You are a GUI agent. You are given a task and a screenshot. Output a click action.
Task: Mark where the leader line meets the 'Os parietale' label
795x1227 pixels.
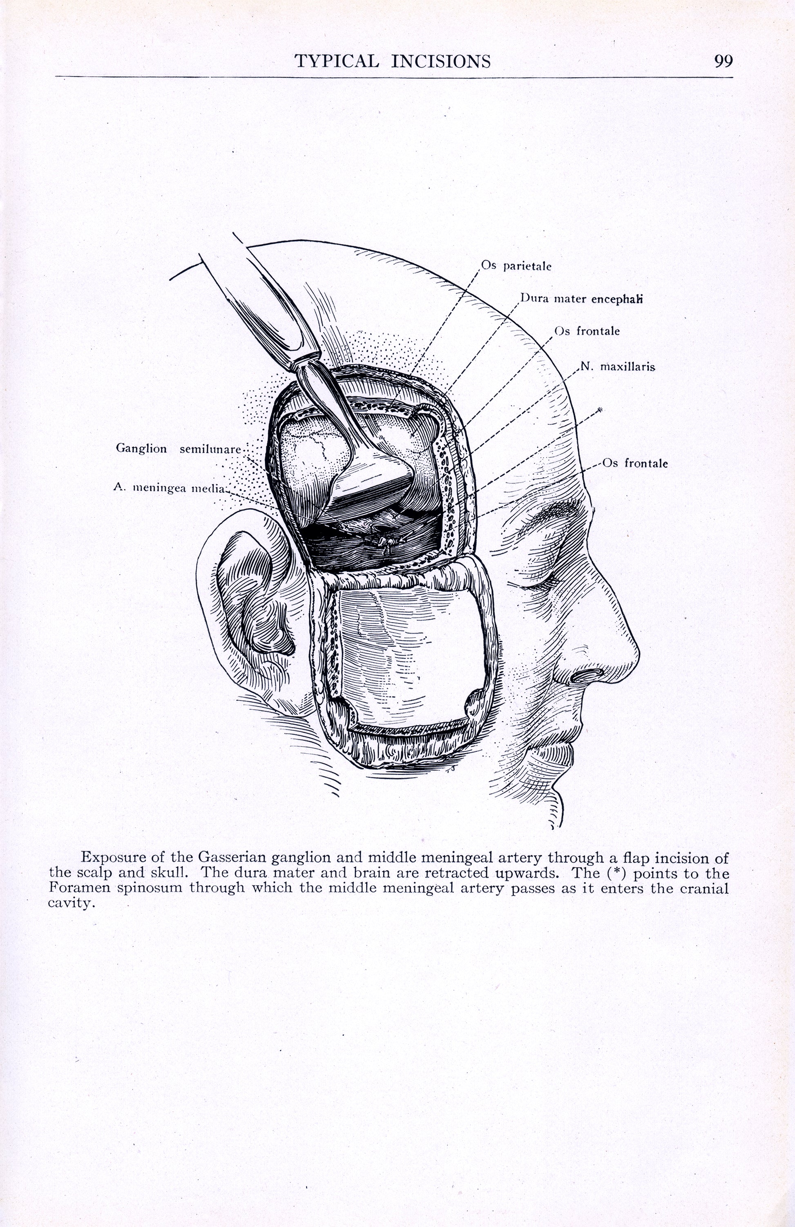[480, 269]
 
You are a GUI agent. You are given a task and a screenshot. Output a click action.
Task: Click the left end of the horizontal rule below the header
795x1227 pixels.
[56, 77]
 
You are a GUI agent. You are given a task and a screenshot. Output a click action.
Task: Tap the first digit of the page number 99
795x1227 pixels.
[719, 61]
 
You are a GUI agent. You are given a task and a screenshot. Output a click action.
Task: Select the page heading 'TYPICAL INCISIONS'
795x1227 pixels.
[392, 61]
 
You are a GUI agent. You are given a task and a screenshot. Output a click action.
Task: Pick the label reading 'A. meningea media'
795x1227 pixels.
[170, 487]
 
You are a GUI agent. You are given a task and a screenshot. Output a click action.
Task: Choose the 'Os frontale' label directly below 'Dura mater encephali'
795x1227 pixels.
[587, 330]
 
